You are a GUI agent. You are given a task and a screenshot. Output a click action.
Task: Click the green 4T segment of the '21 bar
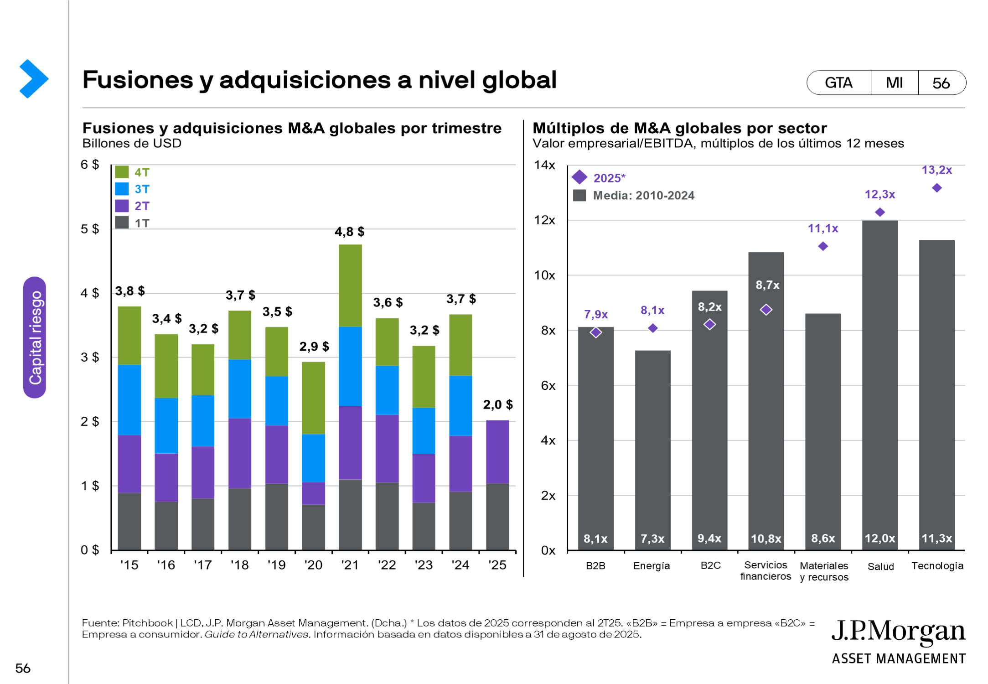[x=350, y=285]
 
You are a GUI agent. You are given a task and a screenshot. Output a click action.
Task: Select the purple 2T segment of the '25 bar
[x=497, y=451]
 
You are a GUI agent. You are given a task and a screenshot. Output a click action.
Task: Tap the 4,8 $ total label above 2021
[x=349, y=232]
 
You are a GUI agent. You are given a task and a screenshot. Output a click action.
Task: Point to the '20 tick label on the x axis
[x=313, y=565]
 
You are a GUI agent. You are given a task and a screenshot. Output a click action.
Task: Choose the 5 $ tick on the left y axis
[x=90, y=229]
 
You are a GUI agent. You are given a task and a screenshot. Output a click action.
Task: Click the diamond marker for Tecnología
[x=937, y=188]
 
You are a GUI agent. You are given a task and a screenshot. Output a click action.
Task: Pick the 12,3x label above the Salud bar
[x=879, y=194]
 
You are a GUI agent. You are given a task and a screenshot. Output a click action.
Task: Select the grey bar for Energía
[x=652, y=449]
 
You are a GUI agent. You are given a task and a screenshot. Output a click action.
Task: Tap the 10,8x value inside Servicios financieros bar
[x=766, y=539]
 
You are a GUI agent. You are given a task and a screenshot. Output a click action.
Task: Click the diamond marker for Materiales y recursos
[x=823, y=246]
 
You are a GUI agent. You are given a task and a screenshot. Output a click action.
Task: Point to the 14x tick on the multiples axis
[x=544, y=165]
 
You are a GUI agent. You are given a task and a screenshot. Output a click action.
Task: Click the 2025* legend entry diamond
[x=579, y=177]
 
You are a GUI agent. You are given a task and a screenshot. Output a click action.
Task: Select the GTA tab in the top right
[x=838, y=83]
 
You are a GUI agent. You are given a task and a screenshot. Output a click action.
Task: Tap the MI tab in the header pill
[x=894, y=83]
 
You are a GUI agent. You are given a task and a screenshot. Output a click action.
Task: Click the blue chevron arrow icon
[x=34, y=79]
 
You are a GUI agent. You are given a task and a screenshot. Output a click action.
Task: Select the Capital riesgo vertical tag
[x=35, y=337]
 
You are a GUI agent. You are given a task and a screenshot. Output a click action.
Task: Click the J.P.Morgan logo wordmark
[x=898, y=632]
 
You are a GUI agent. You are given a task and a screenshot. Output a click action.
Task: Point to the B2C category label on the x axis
[x=710, y=565]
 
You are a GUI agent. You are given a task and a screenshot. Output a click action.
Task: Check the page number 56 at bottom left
[x=23, y=668]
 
